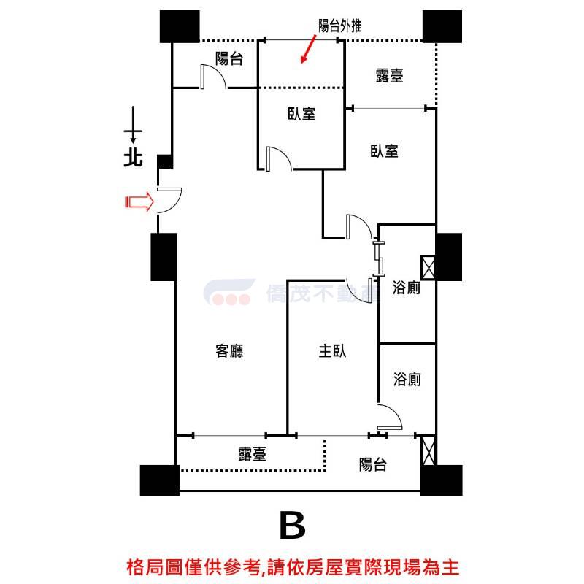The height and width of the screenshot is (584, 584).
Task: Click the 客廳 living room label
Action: pyautogui.click(x=229, y=351)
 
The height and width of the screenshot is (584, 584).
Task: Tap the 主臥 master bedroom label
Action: pyautogui.click(x=333, y=351)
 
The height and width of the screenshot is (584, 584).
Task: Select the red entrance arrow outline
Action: pyautogui.click(x=139, y=202)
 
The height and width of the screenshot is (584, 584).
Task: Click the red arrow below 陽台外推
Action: pyautogui.click(x=308, y=49)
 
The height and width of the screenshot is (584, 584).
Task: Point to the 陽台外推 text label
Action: pyautogui.click(x=339, y=26)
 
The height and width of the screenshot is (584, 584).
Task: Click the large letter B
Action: pyautogui.click(x=293, y=525)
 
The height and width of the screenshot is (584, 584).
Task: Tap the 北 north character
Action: pyautogui.click(x=133, y=158)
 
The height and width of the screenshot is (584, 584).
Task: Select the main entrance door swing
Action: pyautogui.click(x=169, y=201)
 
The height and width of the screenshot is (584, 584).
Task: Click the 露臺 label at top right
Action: pyautogui.click(x=390, y=75)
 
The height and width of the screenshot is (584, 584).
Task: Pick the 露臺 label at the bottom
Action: pyautogui.click(x=253, y=454)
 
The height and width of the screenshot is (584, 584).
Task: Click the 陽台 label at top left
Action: pyautogui.click(x=229, y=58)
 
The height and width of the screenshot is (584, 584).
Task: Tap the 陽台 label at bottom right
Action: pyautogui.click(x=373, y=464)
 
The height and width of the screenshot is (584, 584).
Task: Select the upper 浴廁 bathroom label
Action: pyautogui.click(x=407, y=288)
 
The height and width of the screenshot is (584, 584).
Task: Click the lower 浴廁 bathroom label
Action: pyautogui.click(x=407, y=380)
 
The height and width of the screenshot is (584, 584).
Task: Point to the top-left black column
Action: pyautogui.click(x=180, y=26)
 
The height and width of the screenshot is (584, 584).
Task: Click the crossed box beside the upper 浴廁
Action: pyautogui.click(x=428, y=267)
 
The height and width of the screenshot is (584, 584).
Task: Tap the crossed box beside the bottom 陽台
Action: pyautogui.click(x=429, y=450)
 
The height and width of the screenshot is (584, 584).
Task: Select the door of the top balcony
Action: pyautogui.click(x=213, y=77)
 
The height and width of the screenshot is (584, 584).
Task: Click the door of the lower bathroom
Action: pyautogui.click(x=390, y=417)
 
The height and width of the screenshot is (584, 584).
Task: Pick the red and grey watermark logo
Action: pyautogui.click(x=228, y=292)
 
